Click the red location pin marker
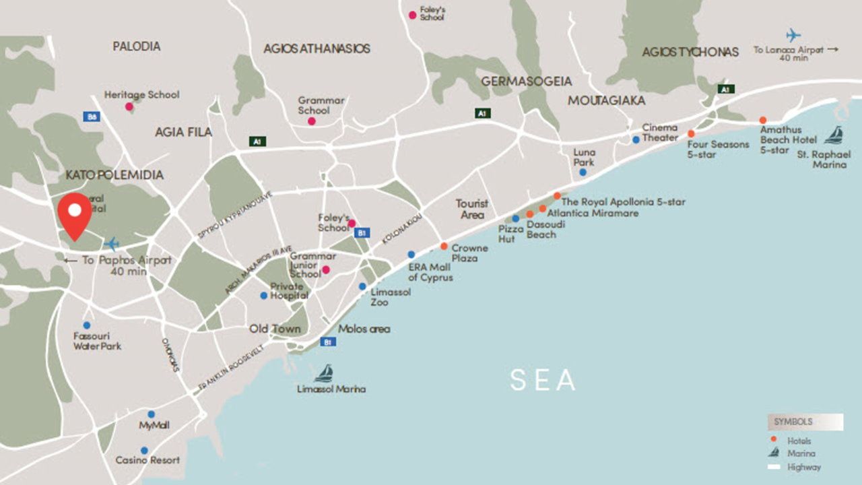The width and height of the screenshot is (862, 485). pos(75,214)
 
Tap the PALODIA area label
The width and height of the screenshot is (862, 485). pos(137,46)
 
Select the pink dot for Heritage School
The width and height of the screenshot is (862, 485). pos(129,106)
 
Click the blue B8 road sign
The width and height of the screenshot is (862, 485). pos(92,117)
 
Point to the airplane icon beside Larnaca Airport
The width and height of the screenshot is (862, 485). pos(793,35)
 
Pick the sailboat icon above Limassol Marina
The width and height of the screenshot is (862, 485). pos(324,373)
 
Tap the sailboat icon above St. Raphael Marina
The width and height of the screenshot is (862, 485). pos(834,135)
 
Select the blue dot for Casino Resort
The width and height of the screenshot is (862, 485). pos(144,451)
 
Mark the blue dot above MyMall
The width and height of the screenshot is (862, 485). pos(151,414)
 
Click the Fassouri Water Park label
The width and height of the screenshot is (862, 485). pos(97,341)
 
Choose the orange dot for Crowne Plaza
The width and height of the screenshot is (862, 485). pos(444,246)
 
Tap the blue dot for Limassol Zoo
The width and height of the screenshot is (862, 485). pos(362,286)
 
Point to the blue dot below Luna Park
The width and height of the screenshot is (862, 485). pos(583,172)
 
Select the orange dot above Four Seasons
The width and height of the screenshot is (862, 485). pos(691,133)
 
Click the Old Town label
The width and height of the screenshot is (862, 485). pos(275,329)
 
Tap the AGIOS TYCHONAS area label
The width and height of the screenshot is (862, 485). pos(690,52)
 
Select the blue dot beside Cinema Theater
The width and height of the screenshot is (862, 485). pos(636,139)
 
